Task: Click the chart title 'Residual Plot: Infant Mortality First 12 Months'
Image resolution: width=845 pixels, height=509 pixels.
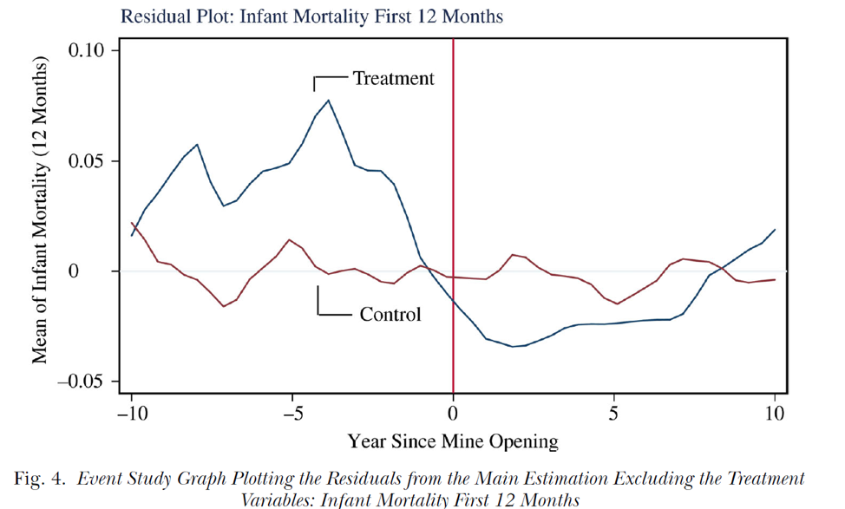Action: [311, 16]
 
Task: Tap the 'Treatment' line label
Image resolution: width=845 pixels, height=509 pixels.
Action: [393, 79]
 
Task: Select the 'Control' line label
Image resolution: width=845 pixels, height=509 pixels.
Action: [390, 314]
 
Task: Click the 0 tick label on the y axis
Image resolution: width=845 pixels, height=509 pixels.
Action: [99, 271]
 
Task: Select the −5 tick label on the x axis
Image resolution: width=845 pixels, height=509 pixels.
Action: [292, 414]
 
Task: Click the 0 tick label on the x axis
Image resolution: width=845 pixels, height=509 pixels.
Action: [453, 414]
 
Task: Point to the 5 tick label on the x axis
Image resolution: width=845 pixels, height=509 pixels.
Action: [614, 414]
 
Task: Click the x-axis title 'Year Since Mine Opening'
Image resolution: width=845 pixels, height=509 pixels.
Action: [453, 442]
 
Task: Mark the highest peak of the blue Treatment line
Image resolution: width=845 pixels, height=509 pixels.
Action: [328, 101]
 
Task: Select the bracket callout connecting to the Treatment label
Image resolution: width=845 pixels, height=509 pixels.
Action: [330, 78]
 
